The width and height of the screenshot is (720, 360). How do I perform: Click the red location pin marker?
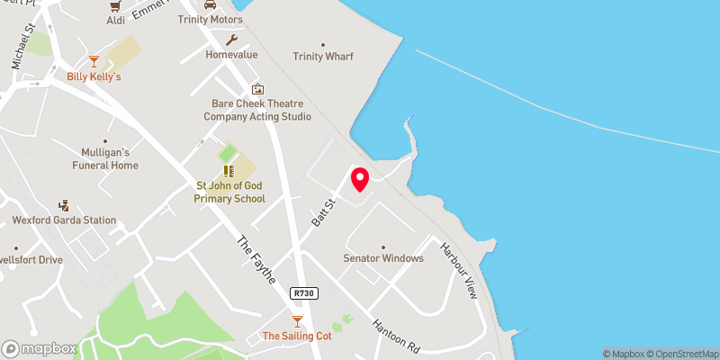coord(359,179)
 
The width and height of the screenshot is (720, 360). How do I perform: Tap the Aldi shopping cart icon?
coord(115,5)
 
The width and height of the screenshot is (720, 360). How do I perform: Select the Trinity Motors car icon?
coord(210,5)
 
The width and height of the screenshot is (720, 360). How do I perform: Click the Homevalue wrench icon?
coord(231,40)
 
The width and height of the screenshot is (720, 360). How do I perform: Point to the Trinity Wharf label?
coord(322,57)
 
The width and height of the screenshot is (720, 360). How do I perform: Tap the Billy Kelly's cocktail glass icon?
coord(94,61)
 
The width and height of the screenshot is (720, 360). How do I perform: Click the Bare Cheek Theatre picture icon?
coord(257,89)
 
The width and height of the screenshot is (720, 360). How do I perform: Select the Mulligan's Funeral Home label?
coord(106,159)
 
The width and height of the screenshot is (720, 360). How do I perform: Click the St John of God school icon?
coord(229,170)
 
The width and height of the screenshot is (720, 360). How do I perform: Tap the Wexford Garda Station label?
coord(64,220)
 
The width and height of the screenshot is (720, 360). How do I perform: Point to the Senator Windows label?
coord(382,258)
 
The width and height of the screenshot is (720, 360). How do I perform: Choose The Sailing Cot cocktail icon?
coord(297,320)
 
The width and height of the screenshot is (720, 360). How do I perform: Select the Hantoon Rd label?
coord(395,333)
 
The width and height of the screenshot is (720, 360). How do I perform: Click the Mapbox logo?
coord(40,348)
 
